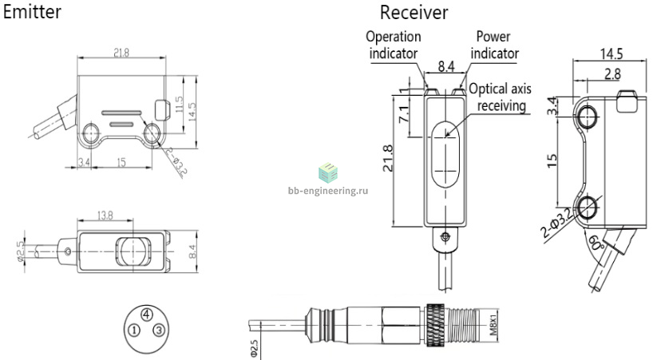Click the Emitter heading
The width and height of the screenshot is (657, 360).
[32, 12]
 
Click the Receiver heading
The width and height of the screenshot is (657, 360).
[414, 12]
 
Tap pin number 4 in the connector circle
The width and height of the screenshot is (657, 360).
[146, 314]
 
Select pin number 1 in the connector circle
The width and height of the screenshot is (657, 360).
[134, 330]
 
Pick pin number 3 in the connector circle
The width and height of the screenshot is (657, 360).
[158, 330]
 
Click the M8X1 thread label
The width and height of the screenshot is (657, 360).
[493, 322]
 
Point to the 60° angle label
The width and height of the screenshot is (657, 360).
[596, 242]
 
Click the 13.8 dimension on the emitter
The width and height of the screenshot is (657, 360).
[105, 215]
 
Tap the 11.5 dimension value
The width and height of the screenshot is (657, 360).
[180, 105]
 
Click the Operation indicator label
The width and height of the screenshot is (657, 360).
[393, 45]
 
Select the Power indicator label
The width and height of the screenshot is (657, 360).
[494, 45]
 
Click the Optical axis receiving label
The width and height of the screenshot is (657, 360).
[501, 97]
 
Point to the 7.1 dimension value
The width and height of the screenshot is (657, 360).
[403, 113]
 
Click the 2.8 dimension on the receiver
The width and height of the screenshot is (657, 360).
[612, 73]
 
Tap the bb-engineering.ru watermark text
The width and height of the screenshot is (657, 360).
[328, 191]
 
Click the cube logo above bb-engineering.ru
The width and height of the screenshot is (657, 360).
[327, 172]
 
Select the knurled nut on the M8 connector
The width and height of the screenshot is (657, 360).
[435, 325]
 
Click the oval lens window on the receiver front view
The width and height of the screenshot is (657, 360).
[445, 154]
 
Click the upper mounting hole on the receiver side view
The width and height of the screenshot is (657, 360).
[587, 116]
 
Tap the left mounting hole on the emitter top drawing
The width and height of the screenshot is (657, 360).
[90, 133]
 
